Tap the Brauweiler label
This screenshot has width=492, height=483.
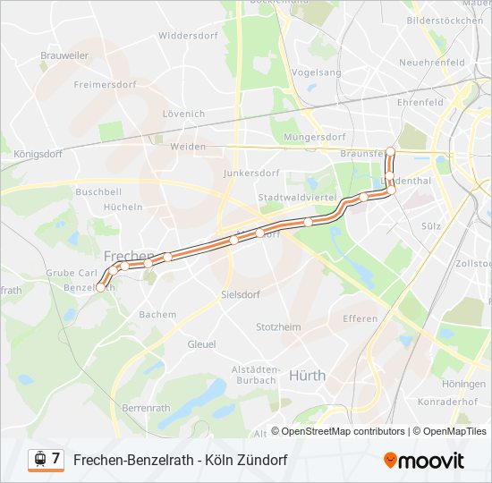pyautogui.click(x=64, y=55)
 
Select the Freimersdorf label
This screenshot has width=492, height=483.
pyautogui.click(x=103, y=85)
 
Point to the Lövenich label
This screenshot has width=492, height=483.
pyautogui.click(x=183, y=114)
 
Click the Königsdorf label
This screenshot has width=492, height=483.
pyautogui.click(x=38, y=154)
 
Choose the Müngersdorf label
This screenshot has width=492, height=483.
pyautogui.click(x=314, y=138)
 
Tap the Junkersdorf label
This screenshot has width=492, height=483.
pyautogui.click(x=251, y=173)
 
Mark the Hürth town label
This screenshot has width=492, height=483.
pyautogui.click(x=307, y=376)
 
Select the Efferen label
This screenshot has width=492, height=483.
pyautogui.click(x=360, y=318)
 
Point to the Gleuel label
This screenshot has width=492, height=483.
pyautogui.click(x=201, y=343)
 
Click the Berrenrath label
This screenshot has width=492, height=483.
pyautogui.click(x=145, y=408)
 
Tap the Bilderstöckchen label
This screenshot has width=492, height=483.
pyautogui.click(x=444, y=20)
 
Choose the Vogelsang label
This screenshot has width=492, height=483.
pyautogui.click(x=317, y=72)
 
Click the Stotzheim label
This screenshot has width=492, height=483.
pyautogui.click(x=278, y=327)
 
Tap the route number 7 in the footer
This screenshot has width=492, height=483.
pyautogui.click(x=56, y=459)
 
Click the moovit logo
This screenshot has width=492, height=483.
pyautogui.click(x=424, y=460)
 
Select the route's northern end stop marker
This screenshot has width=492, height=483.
pyautogui.click(x=390, y=150)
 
